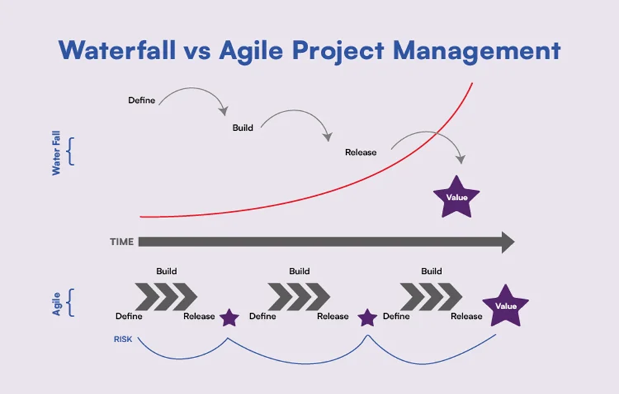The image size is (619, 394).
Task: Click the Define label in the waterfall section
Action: (142, 100)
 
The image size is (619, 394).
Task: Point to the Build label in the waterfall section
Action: (243, 128)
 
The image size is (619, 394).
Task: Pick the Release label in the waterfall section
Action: (361, 152)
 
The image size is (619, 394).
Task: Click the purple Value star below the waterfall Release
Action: (457, 197)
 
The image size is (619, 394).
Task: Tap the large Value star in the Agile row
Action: (505, 306)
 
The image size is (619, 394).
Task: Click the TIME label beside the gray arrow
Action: (122, 242)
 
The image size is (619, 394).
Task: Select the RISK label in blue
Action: (123, 339)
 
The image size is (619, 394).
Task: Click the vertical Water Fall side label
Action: (57, 152)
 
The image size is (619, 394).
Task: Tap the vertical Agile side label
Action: (57, 303)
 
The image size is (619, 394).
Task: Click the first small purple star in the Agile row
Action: (230, 318)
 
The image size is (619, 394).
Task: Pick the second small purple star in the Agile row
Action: (367, 318)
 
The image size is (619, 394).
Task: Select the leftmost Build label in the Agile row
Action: (166, 271)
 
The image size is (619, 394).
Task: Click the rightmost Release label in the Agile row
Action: (467, 316)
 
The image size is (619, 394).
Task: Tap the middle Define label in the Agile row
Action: (262, 316)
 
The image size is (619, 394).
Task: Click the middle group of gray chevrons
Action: (299, 296)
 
